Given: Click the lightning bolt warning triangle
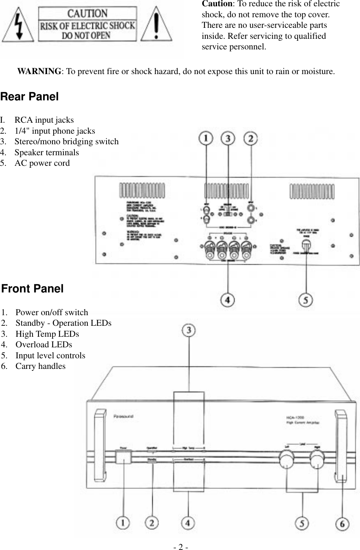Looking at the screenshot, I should click(18, 25).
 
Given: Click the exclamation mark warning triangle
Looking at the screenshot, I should click(156, 25).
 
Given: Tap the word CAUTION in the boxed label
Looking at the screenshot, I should click(87, 14).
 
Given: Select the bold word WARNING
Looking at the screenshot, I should click(39, 71).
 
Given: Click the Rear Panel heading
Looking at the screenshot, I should click(29, 96).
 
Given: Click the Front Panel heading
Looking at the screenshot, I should click(32, 289).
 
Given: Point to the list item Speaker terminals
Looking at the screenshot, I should click(46, 152).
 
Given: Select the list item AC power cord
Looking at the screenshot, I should click(42, 163).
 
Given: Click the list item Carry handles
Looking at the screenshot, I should click(40, 366).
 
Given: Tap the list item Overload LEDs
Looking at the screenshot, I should click(43, 345).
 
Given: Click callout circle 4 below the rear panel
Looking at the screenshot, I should click(228, 300).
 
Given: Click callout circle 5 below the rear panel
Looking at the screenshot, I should click(306, 300).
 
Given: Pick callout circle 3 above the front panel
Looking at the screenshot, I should click(189, 330).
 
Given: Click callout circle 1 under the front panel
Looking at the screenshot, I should click(123, 523).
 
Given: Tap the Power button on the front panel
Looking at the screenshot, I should click(123, 457).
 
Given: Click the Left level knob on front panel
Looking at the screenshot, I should click(286, 459).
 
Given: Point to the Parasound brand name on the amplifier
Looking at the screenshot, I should click(123, 416).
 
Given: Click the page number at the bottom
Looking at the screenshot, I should click(181, 546).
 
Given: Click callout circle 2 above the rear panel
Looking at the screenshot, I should click(251, 138).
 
